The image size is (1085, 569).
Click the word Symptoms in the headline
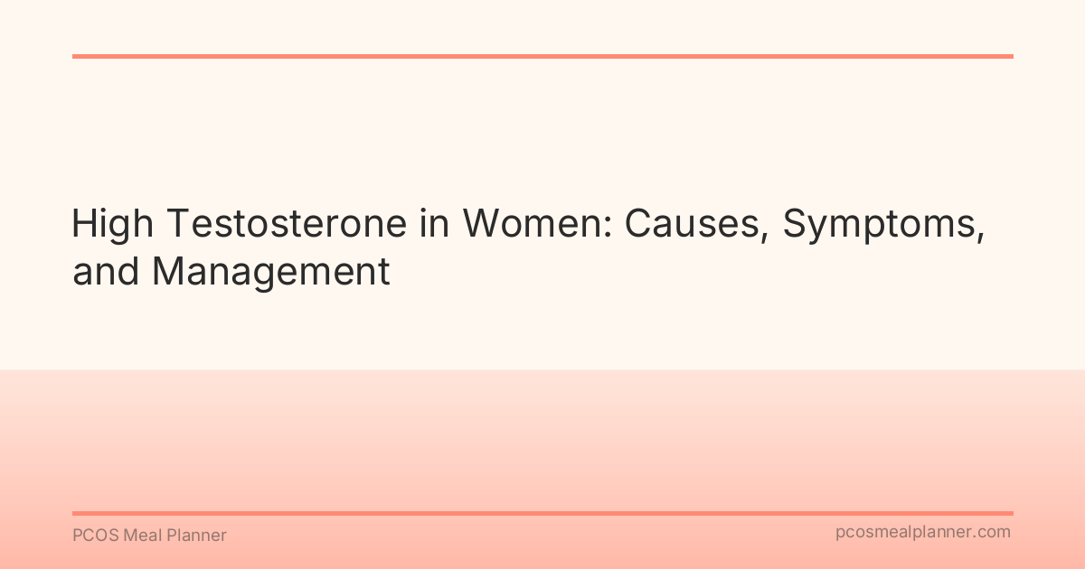879,225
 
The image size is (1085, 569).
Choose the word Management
271,272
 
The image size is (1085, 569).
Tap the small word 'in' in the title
434,225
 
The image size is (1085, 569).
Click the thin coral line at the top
542,56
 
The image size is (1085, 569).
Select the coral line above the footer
542,513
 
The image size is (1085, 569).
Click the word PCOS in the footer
93,536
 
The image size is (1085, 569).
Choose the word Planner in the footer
196,536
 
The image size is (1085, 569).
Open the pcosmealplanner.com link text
923,533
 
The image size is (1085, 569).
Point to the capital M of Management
169,272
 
